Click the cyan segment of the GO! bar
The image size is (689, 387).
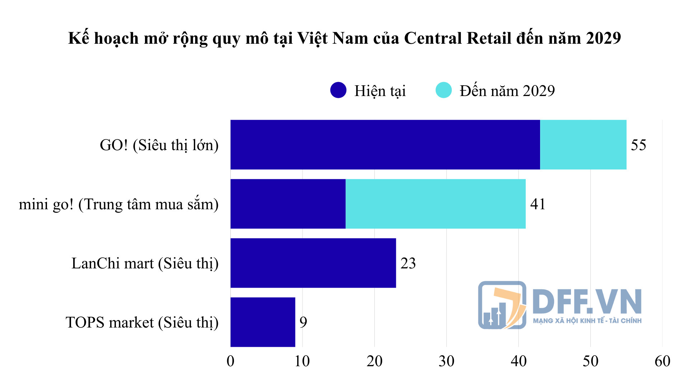[583, 145]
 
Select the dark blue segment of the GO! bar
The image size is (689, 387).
[385, 145]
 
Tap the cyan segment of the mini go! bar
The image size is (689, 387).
[435, 204]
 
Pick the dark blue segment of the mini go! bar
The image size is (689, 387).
[288, 204]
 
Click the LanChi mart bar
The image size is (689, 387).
[313, 263]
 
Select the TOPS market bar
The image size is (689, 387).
[263, 322]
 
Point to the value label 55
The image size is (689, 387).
[638, 145]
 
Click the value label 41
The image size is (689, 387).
[538, 204]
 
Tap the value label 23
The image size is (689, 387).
[408, 263]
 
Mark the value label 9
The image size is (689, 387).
[303, 322]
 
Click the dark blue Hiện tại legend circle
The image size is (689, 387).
[338, 90]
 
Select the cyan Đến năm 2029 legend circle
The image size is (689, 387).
[444, 90]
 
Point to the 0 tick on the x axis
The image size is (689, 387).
[230, 361]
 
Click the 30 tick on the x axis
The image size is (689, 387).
[446, 361]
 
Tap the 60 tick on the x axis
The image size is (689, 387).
[662, 361]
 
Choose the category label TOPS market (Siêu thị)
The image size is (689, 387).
[142, 322]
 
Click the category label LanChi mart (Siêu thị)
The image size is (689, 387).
[145, 263]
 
